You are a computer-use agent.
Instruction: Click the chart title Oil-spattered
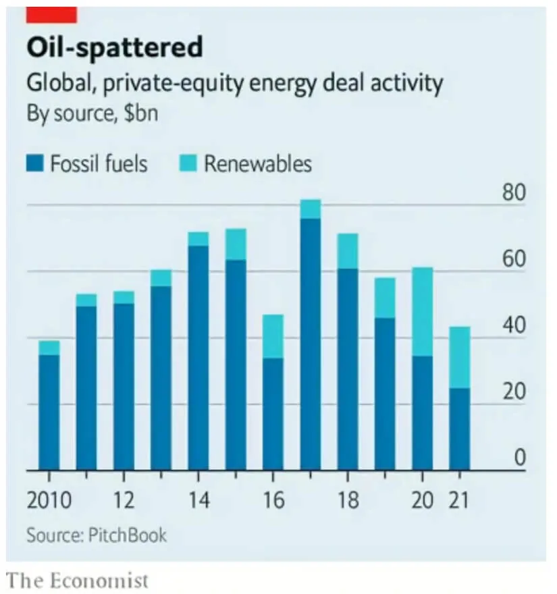[x=114, y=48]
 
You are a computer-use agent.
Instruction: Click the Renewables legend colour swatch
[x=188, y=163]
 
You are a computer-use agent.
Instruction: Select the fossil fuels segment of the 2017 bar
[x=310, y=344]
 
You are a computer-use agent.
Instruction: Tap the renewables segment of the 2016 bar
[x=273, y=336]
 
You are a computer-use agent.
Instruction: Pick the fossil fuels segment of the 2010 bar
[x=49, y=412]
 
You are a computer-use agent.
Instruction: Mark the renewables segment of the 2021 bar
[x=459, y=357]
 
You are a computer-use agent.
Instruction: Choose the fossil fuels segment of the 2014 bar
[x=198, y=358]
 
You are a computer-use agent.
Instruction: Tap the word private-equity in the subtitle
[x=158, y=84]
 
